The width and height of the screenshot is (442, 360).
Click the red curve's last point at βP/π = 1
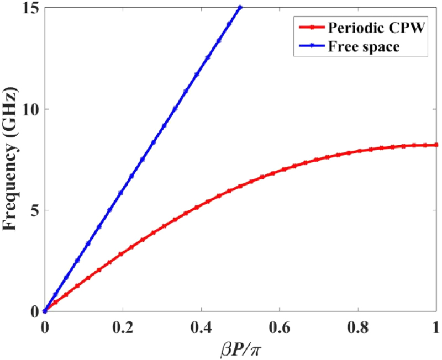point(436,145)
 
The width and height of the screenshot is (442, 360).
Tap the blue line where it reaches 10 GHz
point(175,109)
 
